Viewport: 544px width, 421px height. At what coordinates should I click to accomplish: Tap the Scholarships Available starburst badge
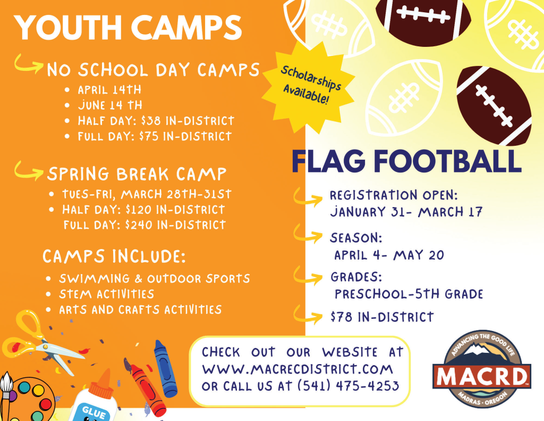(309, 87)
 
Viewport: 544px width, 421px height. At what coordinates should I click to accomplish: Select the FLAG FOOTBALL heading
(406, 161)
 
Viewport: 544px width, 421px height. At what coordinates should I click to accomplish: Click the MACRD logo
(482, 369)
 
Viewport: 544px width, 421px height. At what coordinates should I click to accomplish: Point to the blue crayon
(165, 368)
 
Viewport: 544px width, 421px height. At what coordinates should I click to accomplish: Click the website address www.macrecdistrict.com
(297, 369)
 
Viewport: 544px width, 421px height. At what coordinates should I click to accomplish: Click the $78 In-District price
(382, 317)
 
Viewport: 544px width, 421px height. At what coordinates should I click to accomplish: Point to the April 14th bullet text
(109, 90)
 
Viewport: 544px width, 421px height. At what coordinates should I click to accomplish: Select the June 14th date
(110, 105)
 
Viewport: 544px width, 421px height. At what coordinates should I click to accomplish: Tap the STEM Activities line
(106, 294)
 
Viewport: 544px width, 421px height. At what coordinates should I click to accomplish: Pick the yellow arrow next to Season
(308, 234)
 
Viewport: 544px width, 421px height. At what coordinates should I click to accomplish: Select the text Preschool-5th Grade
(409, 294)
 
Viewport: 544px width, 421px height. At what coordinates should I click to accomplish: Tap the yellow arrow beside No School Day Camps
(29, 64)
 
